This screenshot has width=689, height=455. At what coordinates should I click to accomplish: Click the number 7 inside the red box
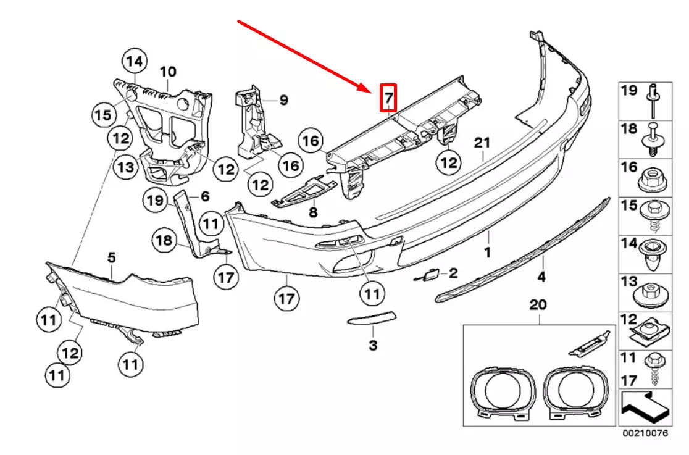pos(388,98)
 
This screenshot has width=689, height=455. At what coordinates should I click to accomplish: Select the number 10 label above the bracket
pos(168,72)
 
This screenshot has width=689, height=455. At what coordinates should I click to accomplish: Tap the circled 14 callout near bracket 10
pos(135,62)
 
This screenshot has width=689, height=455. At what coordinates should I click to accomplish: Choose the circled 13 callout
pos(125,167)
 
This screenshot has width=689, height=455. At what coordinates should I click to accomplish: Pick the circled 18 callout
pos(165,240)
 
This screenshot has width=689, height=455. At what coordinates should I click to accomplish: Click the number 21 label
pos(482,143)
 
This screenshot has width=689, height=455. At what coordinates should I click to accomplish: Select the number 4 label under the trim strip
pos(541,277)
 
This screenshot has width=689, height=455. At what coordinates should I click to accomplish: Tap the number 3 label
pos(373,346)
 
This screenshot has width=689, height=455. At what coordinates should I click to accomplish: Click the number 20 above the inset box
pos(538,305)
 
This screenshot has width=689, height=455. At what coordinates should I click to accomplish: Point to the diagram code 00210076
pos(645,433)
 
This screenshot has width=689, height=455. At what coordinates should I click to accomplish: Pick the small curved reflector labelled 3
pos(373,319)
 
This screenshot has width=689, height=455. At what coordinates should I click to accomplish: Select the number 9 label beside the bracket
pos(283,99)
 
